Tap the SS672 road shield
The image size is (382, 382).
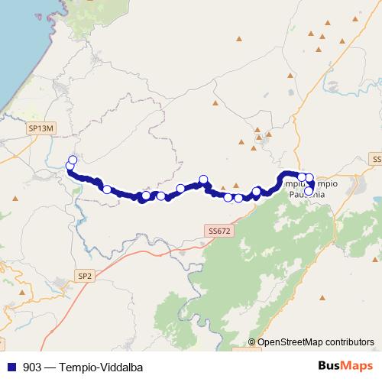tap(218, 230)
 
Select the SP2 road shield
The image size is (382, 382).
tap(85, 274)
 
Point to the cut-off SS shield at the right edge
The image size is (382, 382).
tap(377, 158)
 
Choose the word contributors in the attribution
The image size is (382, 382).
tap(348, 342)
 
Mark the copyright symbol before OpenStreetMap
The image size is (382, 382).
tap(252, 342)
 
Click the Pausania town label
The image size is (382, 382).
tap(308, 195)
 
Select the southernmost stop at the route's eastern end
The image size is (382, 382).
tap(309, 192)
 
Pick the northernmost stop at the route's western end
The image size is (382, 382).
tap(73, 160)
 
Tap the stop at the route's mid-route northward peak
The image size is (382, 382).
tap(203, 180)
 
